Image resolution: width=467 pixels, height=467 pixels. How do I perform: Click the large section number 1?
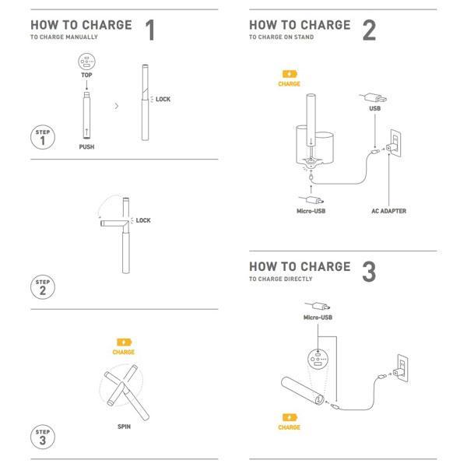pos(150,30)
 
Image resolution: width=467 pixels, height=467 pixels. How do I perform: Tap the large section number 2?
pos(369,30)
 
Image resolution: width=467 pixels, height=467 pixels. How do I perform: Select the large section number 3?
pos(369,272)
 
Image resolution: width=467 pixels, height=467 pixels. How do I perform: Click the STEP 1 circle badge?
pos(43,137)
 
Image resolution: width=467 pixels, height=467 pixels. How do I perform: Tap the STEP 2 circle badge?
pos(43,286)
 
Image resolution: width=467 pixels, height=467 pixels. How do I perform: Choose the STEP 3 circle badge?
pos(43,437)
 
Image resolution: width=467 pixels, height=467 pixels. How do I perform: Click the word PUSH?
pos(86,147)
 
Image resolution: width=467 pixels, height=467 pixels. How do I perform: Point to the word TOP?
pos(86,75)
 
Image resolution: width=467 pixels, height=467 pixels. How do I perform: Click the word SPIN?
pos(125,427)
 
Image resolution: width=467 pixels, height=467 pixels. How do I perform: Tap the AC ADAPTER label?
pos(388,211)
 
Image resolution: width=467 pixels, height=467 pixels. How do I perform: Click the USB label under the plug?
pos(374,108)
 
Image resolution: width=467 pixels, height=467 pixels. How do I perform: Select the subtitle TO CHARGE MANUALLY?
pos(64,37)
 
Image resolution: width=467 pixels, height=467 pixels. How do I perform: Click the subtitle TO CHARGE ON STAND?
pos(282,37)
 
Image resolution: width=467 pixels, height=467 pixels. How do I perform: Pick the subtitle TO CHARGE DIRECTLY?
pos(280,279)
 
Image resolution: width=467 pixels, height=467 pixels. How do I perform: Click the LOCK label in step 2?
pos(143,220)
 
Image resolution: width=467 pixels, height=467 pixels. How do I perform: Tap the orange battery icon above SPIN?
pos(125,342)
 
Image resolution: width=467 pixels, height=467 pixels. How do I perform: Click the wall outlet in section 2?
pos(395,143)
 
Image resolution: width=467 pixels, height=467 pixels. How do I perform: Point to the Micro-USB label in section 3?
pos(318,318)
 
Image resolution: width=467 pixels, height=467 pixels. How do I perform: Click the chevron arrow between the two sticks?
pos(117,106)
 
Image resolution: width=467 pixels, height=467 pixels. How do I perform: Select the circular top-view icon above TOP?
pos(86,61)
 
